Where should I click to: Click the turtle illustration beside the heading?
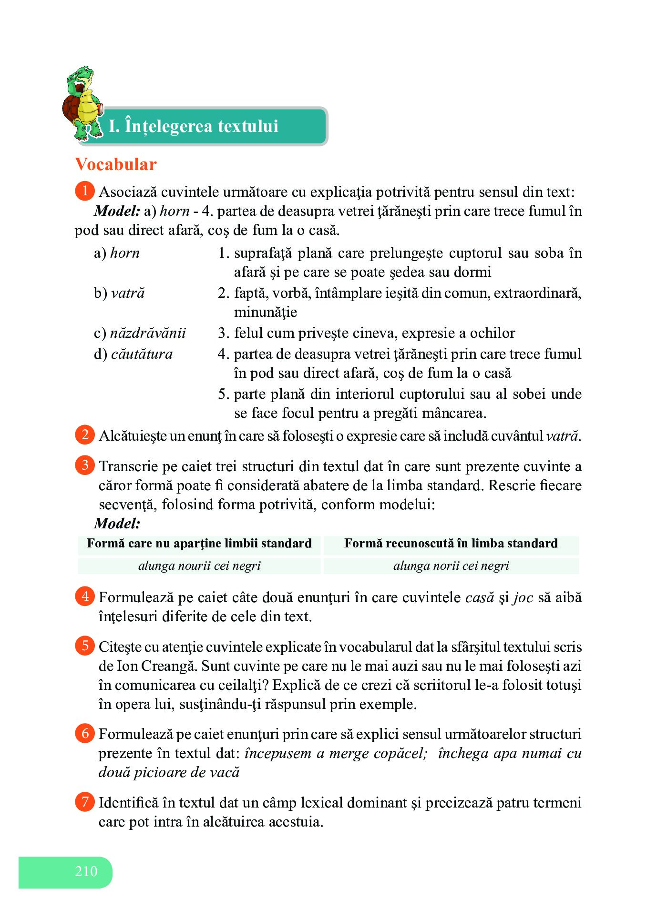(x=82, y=103)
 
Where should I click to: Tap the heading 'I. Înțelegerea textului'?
(x=194, y=126)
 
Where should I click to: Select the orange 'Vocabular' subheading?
(x=116, y=164)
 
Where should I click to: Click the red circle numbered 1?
(x=85, y=191)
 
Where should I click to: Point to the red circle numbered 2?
(x=85, y=434)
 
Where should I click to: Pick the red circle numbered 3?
(x=85, y=465)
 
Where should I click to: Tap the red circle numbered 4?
(x=85, y=596)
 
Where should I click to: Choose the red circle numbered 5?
(x=85, y=646)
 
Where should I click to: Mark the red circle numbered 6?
(x=85, y=733)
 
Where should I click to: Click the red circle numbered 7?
(x=85, y=802)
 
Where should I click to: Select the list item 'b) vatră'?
(x=119, y=293)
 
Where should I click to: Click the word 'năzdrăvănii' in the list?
(x=148, y=333)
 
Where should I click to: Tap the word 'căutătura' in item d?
(x=142, y=354)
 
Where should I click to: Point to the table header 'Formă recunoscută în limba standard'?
(x=451, y=544)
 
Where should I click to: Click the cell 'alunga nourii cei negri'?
(x=199, y=566)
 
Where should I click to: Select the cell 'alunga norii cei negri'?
(x=451, y=566)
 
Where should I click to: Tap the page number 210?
(x=86, y=871)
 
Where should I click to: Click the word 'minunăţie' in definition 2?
(x=266, y=313)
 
